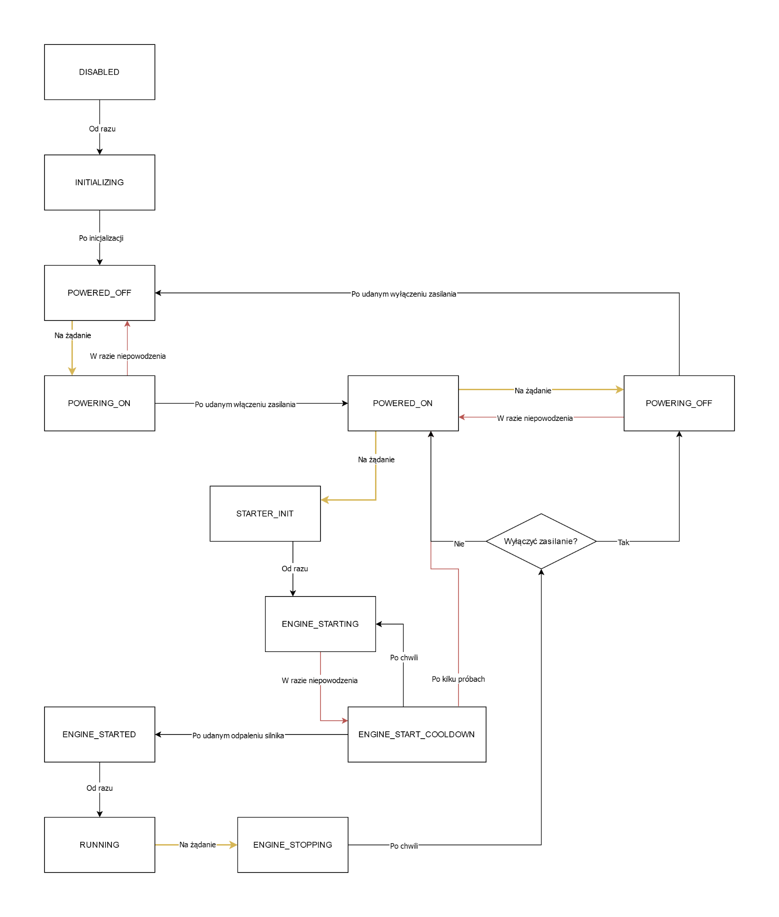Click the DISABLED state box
click(x=99, y=72)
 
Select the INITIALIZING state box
click(x=99, y=182)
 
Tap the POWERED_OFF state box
click(x=99, y=293)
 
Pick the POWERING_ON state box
click(x=99, y=403)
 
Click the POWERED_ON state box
click(x=403, y=403)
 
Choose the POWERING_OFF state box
click(x=679, y=403)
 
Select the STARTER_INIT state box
click(x=265, y=514)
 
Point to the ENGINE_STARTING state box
click(x=320, y=624)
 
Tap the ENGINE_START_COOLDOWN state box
click(x=417, y=735)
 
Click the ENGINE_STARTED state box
click(x=99, y=735)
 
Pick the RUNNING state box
click(x=99, y=845)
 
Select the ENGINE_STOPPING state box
click(x=293, y=845)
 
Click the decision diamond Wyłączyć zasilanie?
click(x=541, y=541)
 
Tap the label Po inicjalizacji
click(x=101, y=238)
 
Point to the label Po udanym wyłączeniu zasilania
click(x=404, y=294)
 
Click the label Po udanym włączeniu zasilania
click(x=245, y=404)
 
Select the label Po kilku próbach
click(x=459, y=679)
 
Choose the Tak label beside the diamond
click(x=624, y=542)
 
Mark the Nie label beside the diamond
click(x=459, y=544)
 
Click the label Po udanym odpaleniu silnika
click(x=238, y=735)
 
